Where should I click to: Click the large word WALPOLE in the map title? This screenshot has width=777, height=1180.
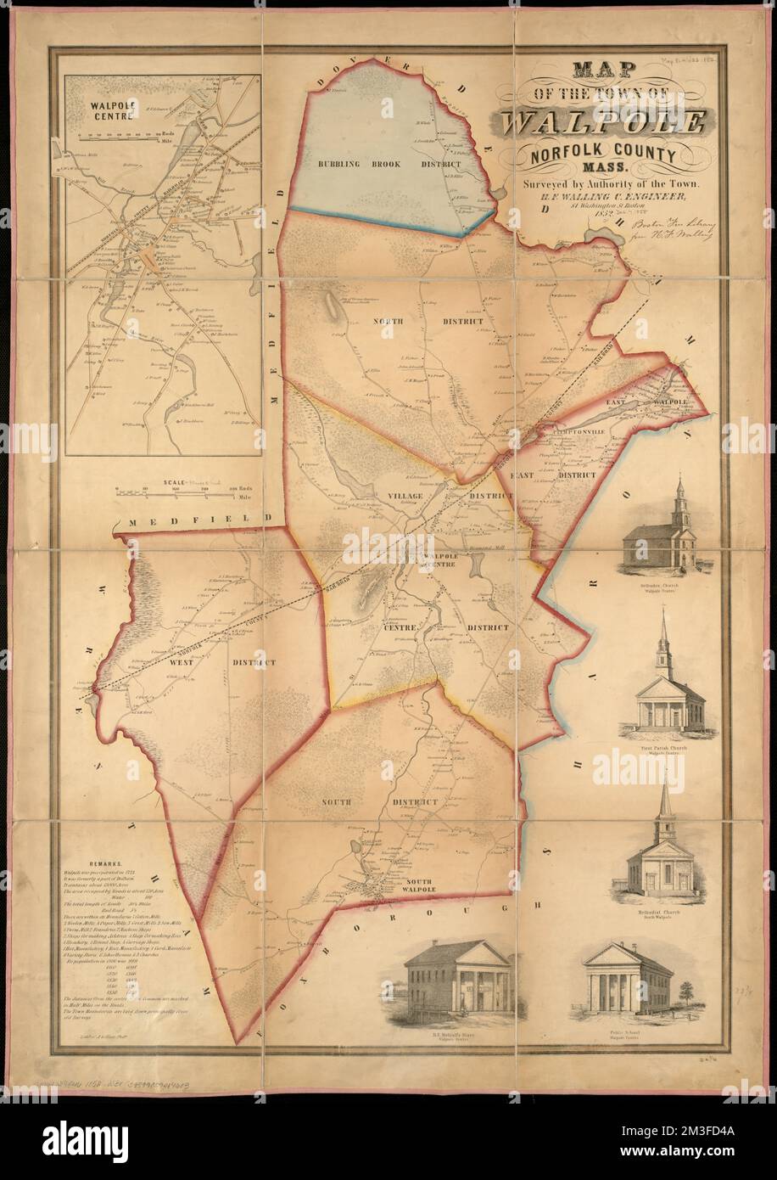pyautogui.click(x=602, y=122)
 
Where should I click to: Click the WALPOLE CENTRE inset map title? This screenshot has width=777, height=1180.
pyautogui.click(x=101, y=112)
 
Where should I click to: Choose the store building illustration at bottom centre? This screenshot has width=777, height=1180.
pyautogui.click(x=459, y=981)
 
